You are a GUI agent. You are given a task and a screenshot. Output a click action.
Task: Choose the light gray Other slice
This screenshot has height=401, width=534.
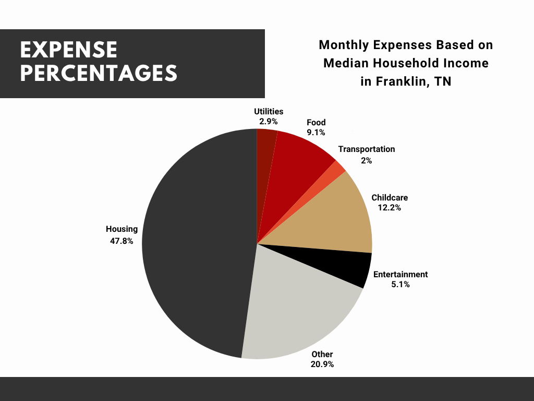click(297, 313)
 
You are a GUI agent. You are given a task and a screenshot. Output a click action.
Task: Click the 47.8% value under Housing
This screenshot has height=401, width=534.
click(121, 241)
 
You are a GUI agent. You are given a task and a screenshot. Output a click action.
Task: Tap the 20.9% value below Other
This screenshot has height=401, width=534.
click(322, 364)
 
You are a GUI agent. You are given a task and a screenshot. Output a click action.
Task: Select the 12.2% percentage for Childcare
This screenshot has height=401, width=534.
click(390, 208)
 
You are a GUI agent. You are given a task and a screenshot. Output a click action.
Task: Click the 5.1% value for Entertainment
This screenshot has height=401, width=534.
click(400, 285)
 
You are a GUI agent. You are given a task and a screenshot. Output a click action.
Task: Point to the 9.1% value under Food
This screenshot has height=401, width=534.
click(316, 133)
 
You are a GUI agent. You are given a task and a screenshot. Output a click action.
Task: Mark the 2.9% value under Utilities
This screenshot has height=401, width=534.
click(269, 121)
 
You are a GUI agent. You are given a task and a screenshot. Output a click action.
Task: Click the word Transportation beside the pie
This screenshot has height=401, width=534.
click(366, 149)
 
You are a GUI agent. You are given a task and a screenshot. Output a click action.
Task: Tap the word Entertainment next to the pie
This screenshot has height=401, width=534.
click(400, 274)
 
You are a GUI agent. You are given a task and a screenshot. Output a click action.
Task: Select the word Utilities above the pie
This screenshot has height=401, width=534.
click(269, 111)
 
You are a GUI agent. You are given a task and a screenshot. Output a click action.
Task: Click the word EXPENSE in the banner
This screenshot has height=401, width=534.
click(68, 50)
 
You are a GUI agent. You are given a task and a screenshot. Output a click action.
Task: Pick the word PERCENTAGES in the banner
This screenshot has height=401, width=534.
click(99, 73)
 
